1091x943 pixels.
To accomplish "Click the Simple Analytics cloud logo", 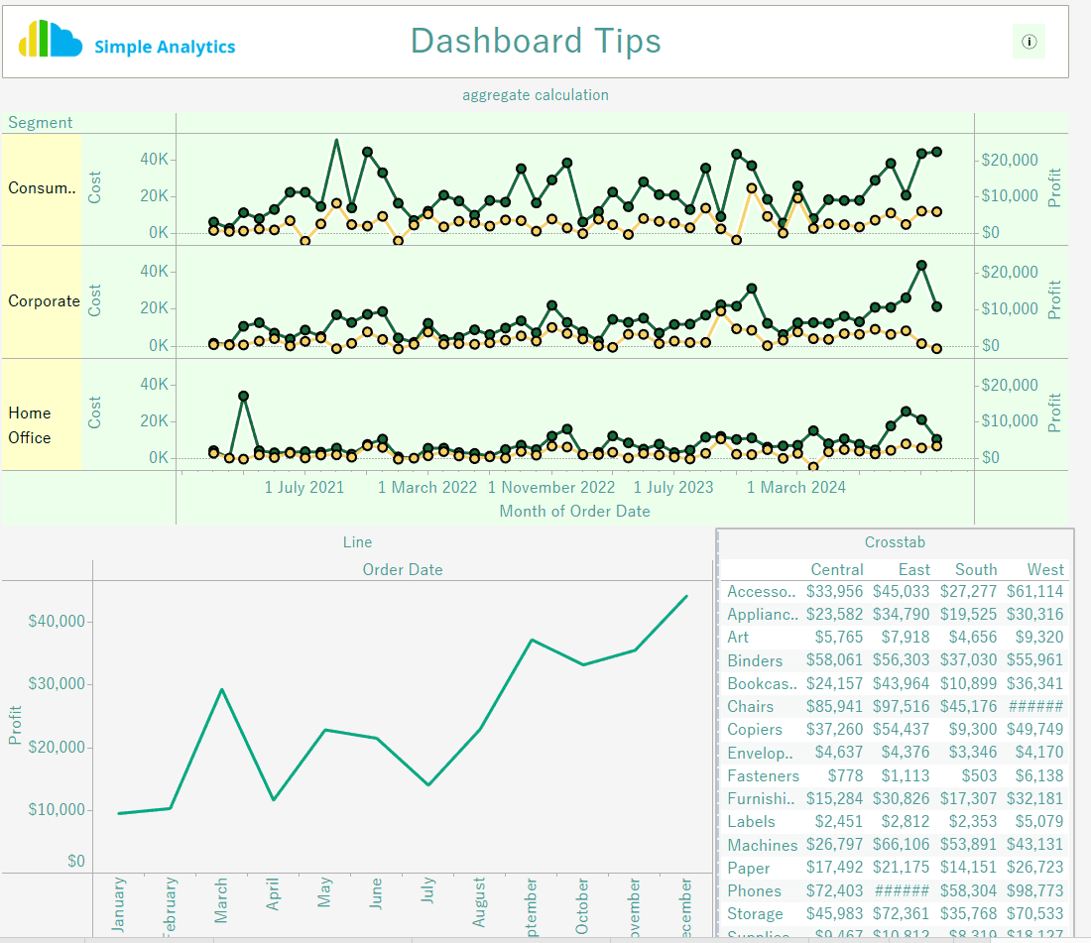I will (x=50, y=40).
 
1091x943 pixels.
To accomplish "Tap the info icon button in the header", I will (x=1029, y=42).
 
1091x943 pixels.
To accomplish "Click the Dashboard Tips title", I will (x=536, y=41).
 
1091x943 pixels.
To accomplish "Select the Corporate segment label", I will (x=44, y=301).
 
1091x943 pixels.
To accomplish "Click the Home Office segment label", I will (x=30, y=425).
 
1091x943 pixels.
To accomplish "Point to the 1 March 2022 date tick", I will (x=427, y=487).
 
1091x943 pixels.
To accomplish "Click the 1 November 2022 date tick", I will (x=551, y=487).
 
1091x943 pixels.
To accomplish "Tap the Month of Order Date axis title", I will (x=574, y=512).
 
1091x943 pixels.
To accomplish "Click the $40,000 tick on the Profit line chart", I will (x=59, y=622).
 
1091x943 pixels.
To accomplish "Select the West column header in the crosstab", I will (x=1045, y=570).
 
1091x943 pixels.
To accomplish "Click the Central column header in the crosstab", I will (x=837, y=570).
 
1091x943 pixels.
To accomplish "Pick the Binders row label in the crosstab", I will (x=755, y=660).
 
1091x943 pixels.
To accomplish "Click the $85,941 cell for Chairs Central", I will (x=835, y=707).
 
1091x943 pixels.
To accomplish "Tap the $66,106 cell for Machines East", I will (x=902, y=845).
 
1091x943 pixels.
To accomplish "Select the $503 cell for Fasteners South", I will (x=976, y=776).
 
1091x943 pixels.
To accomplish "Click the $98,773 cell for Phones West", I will (x=1034, y=891).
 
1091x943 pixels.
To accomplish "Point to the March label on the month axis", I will (x=221, y=900).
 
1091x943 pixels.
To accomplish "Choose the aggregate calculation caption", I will (x=536, y=95).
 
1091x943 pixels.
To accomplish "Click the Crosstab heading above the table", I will (x=895, y=542).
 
